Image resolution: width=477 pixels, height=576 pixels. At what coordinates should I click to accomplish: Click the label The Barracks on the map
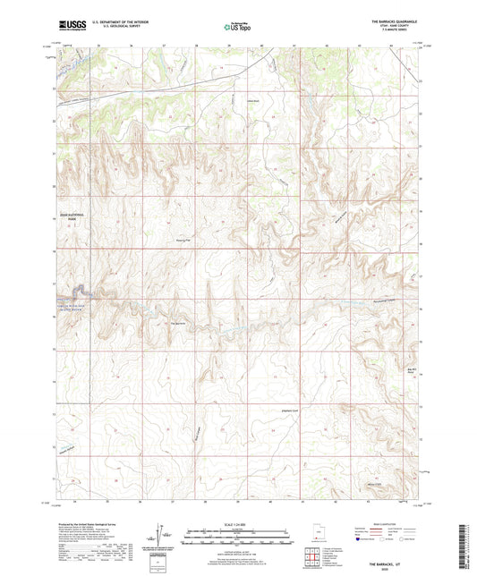pyautogui.click(x=179, y=324)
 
